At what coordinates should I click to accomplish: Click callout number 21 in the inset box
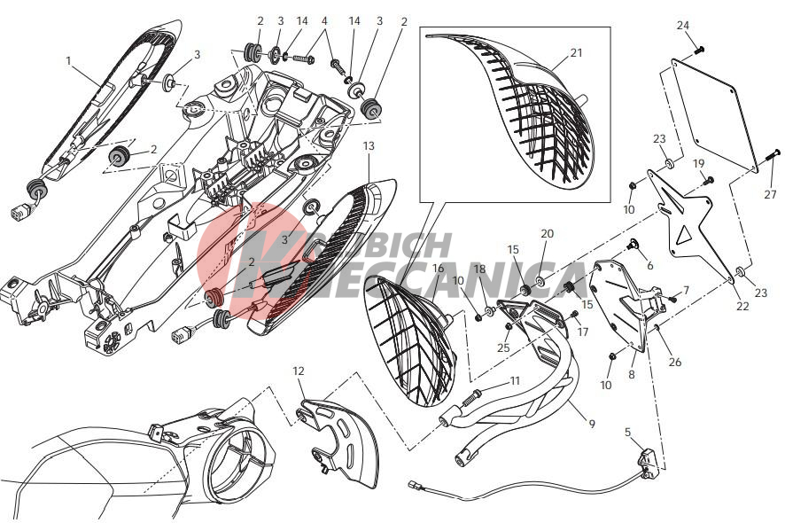[576, 52]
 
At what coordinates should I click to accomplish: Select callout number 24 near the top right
[683, 26]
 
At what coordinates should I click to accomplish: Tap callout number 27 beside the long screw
[770, 194]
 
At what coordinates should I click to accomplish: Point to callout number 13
[369, 145]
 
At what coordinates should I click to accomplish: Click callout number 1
[68, 61]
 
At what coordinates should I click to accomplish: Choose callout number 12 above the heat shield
[299, 371]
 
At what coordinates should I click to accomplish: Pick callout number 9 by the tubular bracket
[592, 424]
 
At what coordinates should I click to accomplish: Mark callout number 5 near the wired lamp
[628, 432]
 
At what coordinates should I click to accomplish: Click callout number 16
[438, 269]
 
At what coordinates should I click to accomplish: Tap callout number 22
[742, 306]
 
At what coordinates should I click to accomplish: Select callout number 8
[632, 374]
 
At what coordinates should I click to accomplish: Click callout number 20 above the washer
[548, 233]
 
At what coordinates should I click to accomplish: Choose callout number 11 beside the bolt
[515, 381]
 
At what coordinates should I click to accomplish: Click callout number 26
[675, 362]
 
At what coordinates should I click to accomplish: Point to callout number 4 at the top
[324, 21]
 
